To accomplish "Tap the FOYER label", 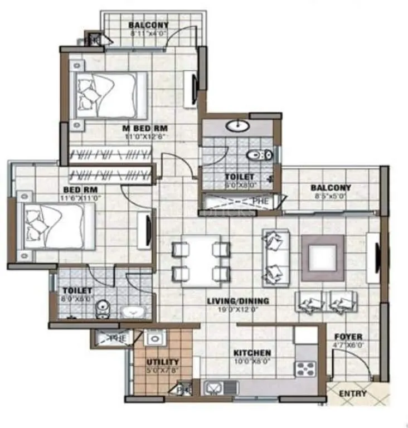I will click(348, 337).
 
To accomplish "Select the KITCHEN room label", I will click(252, 353).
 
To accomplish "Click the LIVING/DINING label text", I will click(238, 301).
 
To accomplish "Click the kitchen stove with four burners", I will click(305, 368).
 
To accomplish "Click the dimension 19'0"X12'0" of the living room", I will click(238, 309).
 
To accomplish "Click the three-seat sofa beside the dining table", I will click(275, 257).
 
